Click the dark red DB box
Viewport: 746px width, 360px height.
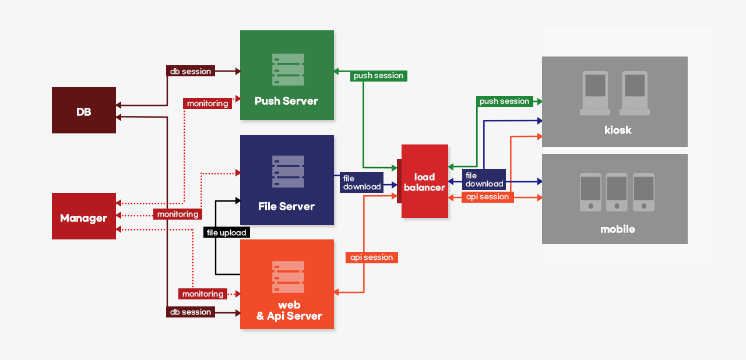[x=84, y=110]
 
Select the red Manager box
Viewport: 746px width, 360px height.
[x=84, y=216]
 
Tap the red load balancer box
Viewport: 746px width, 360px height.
[x=425, y=181]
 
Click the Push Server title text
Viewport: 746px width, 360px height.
[x=286, y=101]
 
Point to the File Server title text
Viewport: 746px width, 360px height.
[x=286, y=206]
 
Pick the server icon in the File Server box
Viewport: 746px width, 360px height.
[x=288, y=171]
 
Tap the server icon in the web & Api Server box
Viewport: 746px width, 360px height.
[x=288, y=277]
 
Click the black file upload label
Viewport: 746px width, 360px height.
[x=227, y=232]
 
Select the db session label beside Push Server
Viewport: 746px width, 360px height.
[x=191, y=71]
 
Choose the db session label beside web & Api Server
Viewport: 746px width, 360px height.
[x=191, y=312]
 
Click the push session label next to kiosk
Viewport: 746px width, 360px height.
[x=504, y=101]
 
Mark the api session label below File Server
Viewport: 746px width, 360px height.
[x=371, y=257]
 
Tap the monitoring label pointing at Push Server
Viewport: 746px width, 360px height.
[x=207, y=103]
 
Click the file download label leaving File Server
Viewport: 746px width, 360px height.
[x=361, y=182]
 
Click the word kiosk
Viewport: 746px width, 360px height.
[x=618, y=130]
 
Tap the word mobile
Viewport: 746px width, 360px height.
[x=618, y=229]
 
